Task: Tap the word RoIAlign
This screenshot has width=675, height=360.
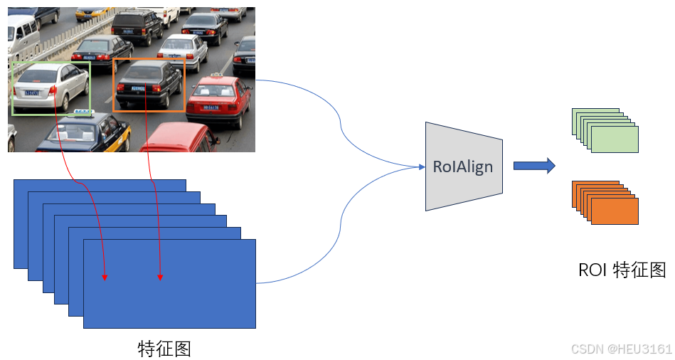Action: (463, 167)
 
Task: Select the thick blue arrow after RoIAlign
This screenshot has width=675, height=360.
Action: (533, 166)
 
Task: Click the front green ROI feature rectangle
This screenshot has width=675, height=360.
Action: (615, 139)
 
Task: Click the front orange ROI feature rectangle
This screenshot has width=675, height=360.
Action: (615, 211)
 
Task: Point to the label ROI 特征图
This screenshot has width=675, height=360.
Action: (622, 270)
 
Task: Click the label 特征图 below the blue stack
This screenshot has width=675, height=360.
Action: (164, 349)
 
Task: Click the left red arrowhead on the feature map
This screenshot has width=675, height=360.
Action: (105, 276)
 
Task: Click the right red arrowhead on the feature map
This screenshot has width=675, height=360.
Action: (159, 276)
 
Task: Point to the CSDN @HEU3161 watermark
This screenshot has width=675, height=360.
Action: (621, 349)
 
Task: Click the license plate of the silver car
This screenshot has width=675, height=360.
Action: (31, 92)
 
